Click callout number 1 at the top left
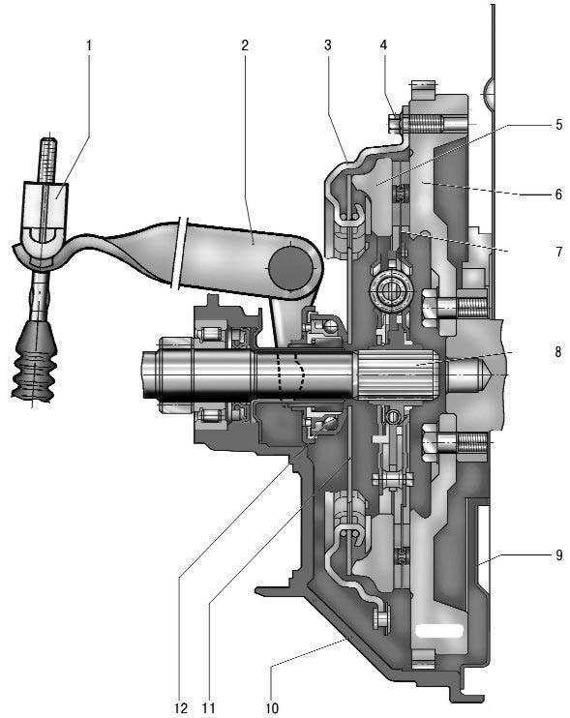click(x=89, y=45)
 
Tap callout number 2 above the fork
click(x=245, y=45)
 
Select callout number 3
click(x=328, y=45)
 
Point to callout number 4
click(x=383, y=45)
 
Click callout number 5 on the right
click(x=558, y=125)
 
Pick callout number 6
click(x=558, y=194)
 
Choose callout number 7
click(x=558, y=252)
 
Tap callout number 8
click(x=558, y=351)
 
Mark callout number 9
click(x=558, y=554)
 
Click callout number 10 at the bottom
click(x=272, y=708)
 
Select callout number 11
click(x=208, y=708)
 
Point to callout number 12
click(x=181, y=708)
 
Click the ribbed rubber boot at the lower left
click(x=34, y=363)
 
